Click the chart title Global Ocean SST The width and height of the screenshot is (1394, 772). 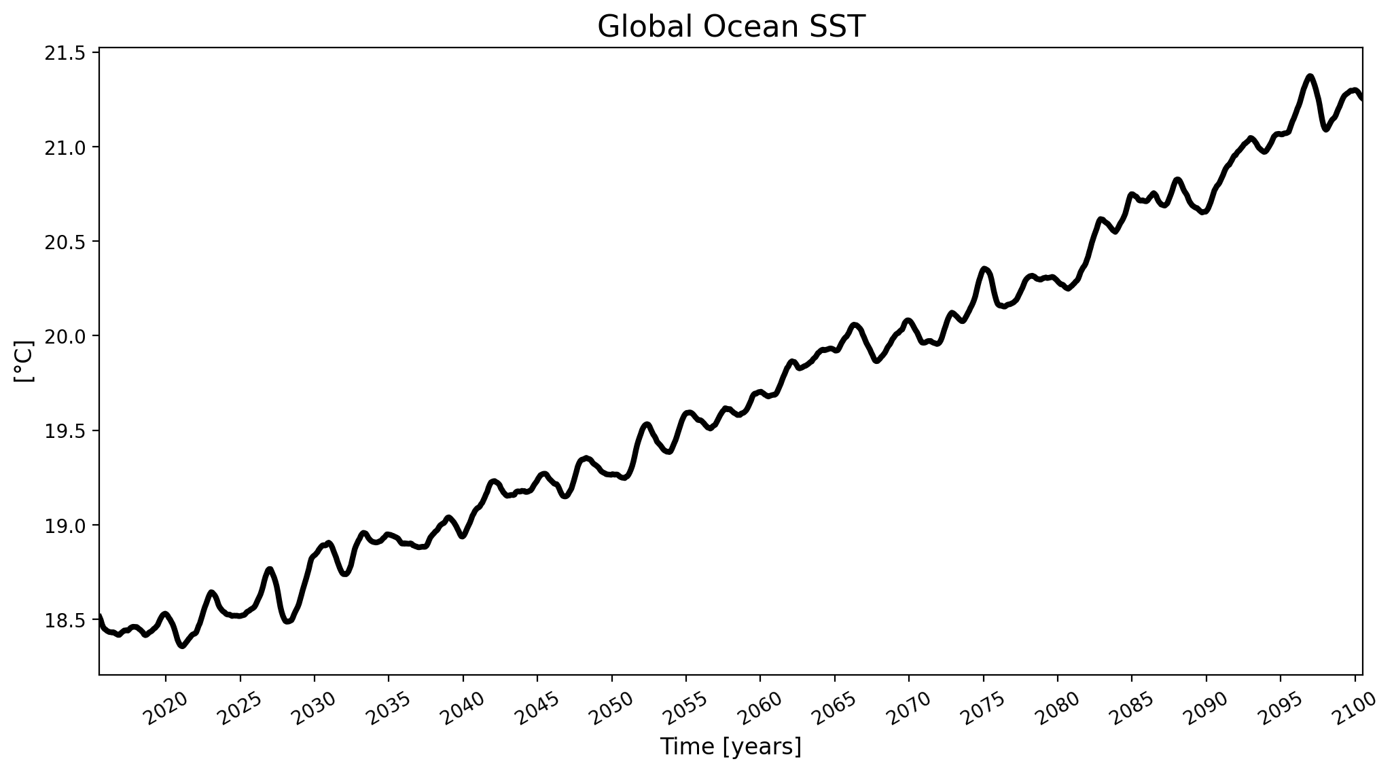pos(731,27)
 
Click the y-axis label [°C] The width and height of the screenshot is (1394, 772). pos(24,361)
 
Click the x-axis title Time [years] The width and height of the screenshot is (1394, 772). pos(731,747)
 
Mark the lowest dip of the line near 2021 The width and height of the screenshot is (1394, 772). pos(182,646)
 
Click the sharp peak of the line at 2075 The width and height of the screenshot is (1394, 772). pos(984,269)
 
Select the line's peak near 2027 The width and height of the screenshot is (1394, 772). pos(270,570)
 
